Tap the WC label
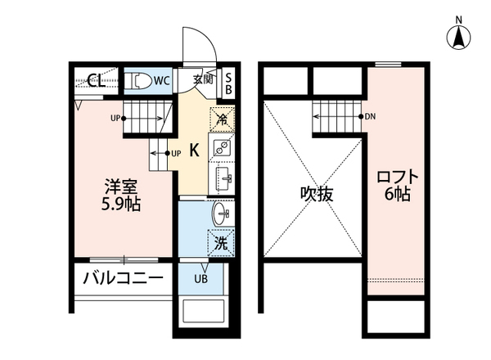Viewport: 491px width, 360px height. (160, 80)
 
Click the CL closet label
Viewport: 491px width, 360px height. (95, 80)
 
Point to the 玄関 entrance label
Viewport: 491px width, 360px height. (203, 79)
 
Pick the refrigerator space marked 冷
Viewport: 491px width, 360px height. (222, 118)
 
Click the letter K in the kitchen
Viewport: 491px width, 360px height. (194, 150)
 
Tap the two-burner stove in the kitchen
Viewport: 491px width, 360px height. (222, 148)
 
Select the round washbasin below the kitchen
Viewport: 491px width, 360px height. (222, 215)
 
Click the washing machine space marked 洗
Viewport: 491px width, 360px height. (221, 243)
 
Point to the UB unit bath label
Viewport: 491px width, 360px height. (200, 279)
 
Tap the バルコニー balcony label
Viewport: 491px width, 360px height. (123, 278)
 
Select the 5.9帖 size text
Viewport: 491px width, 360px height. (121, 204)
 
